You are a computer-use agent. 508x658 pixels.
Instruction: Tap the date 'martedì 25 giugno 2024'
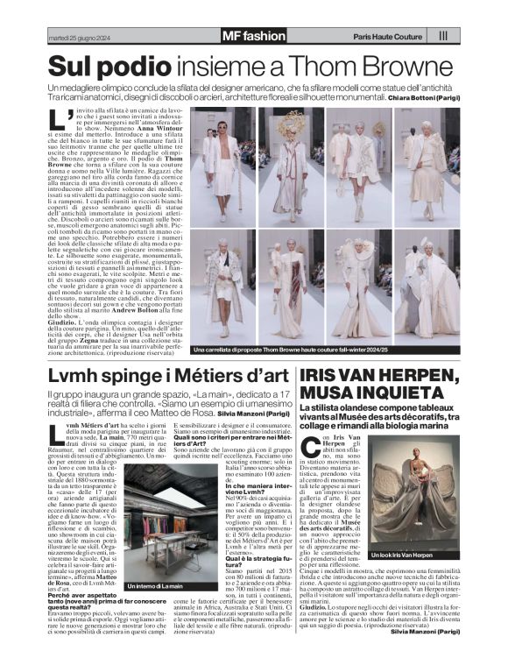click(80, 37)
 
